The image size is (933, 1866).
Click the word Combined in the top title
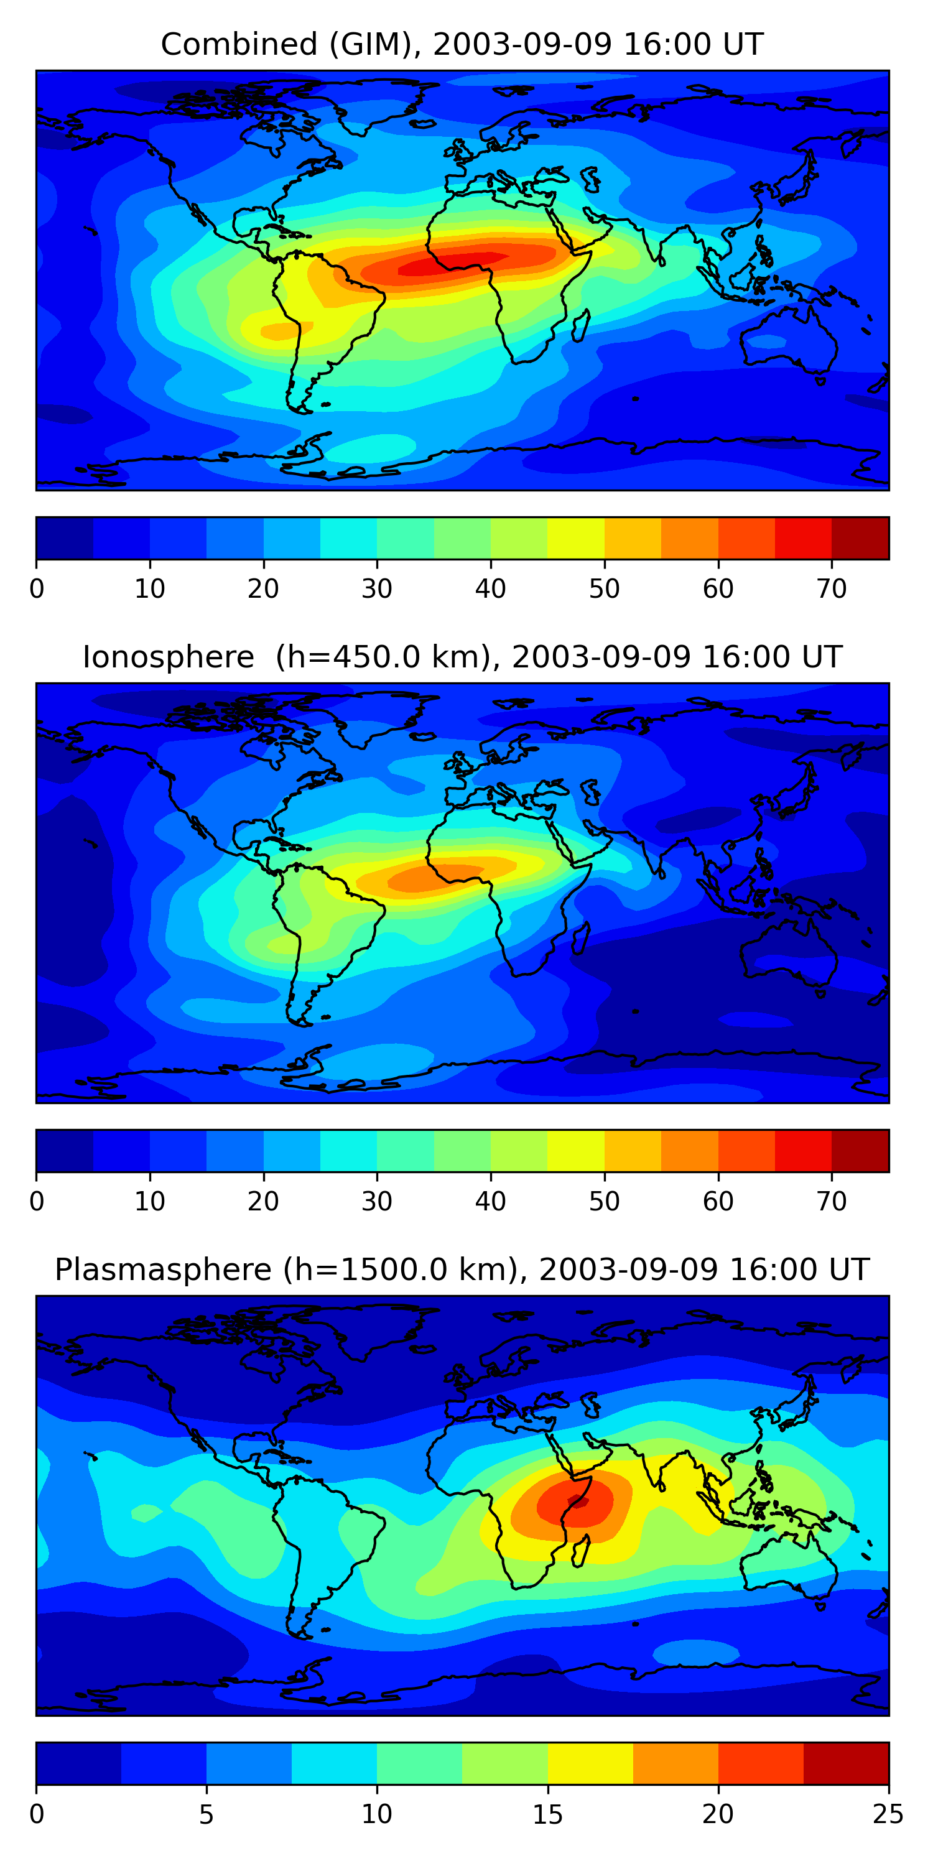pyautogui.click(x=238, y=45)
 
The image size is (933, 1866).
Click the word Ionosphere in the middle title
pyautogui.click(x=168, y=657)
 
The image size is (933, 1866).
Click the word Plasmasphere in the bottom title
pyautogui.click(x=162, y=1270)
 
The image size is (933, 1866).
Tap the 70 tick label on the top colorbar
pyautogui.click(x=832, y=589)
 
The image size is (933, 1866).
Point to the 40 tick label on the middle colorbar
pyautogui.click(x=490, y=1202)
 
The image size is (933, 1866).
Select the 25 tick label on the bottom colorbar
pyautogui.click(x=888, y=1814)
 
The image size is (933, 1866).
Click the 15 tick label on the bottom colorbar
pyautogui.click(x=547, y=1814)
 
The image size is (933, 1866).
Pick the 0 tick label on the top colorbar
pyautogui.click(x=37, y=589)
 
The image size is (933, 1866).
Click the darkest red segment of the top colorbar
pyautogui.click(x=860, y=538)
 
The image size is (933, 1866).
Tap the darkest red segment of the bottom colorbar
pyautogui.click(x=845, y=1763)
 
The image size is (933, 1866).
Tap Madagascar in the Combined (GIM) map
pyautogui.click(x=580, y=325)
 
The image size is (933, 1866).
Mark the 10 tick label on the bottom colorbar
pyautogui.click(x=377, y=1814)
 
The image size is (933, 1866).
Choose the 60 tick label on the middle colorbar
pyautogui.click(x=718, y=1202)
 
